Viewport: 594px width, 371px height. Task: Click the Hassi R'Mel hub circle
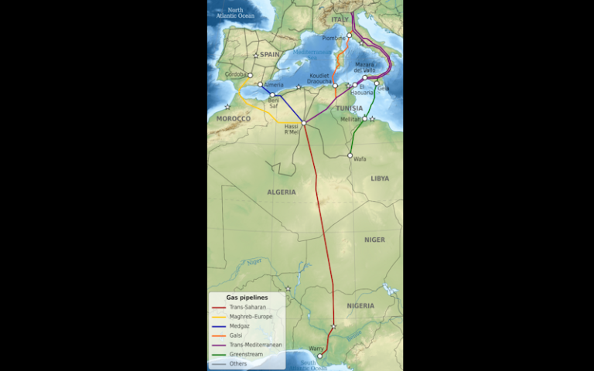tap(304, 123)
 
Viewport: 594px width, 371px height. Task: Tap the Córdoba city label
tap(235, 74)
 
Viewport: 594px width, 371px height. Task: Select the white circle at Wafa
tap(350, 155)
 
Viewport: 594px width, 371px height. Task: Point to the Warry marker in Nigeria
tap(319, 356)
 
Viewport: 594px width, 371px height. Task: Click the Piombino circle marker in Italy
tap(349, 36)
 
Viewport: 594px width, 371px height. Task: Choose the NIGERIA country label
tap(360, 306)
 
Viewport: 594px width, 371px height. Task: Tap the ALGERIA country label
tap(282, 192)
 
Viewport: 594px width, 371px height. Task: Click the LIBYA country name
tap(380, 178)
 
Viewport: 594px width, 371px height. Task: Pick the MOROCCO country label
tap(233, 119)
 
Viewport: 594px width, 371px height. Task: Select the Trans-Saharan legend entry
tap(247, 307)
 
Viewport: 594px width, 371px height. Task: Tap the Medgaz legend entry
tap(243, 326)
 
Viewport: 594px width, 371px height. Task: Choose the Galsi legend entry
tap(240, 335)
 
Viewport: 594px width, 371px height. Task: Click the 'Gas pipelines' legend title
tap(247, 297)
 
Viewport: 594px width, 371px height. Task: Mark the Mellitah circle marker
tap(364, 119)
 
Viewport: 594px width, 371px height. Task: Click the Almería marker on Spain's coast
tap(261, 84)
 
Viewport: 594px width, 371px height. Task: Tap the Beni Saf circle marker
tap(272, 95)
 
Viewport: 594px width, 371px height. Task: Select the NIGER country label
tap(374, 240)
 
